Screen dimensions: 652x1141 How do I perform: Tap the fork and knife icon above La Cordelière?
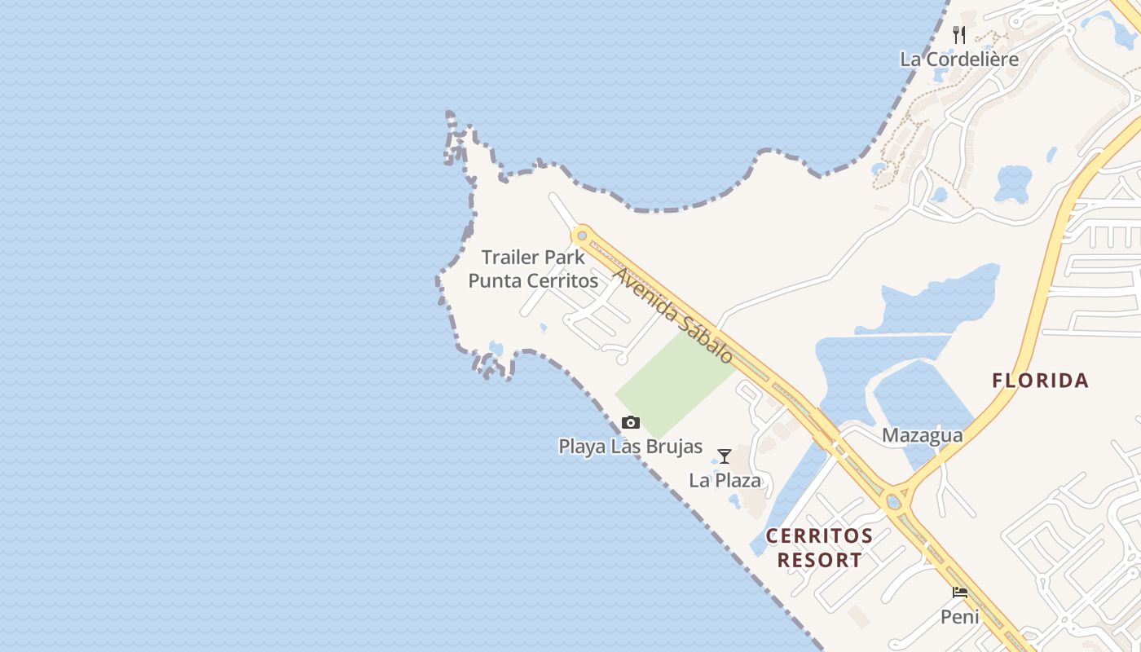tap(959, 35)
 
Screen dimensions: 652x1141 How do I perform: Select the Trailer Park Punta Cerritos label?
tap(533, 269)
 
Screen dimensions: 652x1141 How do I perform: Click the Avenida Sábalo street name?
tap(673, 315)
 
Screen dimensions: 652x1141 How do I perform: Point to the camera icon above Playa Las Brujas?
tap(630, 422)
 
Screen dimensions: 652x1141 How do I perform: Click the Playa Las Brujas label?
tap(630, 446)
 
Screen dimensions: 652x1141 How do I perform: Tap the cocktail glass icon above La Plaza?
tap(724, 456)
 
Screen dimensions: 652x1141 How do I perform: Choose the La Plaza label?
tap(725, 480)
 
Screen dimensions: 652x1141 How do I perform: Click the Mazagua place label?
tap(922, 435)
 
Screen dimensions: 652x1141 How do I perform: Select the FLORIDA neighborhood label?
tap(1041, 380)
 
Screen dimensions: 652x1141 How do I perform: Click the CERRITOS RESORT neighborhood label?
tap(819, 548)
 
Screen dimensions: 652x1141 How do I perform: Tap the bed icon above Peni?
tap(960, 593)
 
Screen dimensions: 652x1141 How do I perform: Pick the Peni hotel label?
tap(960, 616)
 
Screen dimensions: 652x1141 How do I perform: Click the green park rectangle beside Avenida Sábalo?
tap(672, 383)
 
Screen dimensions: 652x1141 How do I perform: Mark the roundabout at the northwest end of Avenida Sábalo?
tap(581, 236)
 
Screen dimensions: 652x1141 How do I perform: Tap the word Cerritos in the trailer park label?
tap(560, 280)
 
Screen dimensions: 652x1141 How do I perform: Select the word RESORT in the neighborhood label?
tap(819, 560)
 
